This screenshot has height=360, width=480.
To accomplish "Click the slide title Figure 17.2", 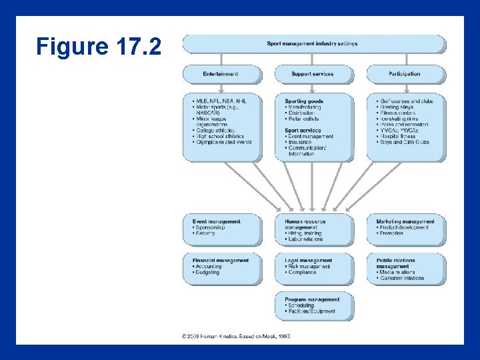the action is click(99, 47).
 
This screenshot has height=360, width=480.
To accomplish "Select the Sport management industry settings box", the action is click(313, 44).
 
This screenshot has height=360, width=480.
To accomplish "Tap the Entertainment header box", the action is click(221, 74).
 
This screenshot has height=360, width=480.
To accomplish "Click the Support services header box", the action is click(313, 74).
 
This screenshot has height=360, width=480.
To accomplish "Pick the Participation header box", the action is click(405, 74).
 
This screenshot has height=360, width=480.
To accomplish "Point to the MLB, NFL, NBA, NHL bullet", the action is click(221, 101).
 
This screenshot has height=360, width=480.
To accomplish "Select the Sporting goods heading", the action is click(304, 101).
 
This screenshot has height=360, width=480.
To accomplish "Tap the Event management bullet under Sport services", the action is click(311, 136).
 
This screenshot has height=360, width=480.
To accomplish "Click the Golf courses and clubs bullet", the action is click(406, 101).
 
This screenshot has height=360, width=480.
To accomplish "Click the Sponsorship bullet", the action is click(210, 227).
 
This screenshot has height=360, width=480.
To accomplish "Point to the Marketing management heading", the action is click(405, 221).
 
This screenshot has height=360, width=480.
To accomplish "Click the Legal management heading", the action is click(308, 261).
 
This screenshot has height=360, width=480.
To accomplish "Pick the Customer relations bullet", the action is click(402, 278).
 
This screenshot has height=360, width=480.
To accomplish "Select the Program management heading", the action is click(312, 299).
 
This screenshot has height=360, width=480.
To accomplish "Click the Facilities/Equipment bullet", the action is click(310, 311).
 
